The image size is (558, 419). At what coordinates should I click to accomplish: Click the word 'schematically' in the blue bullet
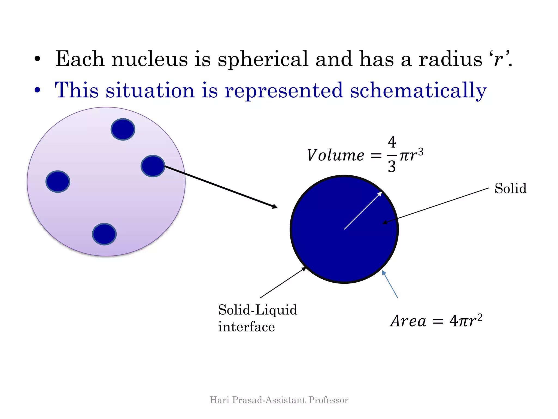click(418, 91)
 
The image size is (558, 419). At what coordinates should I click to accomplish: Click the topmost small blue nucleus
click(123, 129)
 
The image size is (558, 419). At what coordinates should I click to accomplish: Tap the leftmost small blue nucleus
click(58, 182)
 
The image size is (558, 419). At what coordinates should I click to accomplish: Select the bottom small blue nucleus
click(104, 234)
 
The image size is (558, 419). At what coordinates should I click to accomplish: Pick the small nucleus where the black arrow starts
click(153, 166)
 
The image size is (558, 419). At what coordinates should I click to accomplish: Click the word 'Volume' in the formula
click(336, 155)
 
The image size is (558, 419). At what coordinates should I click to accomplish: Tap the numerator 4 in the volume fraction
click(392, 142)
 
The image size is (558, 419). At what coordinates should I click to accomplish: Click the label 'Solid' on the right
click(510, 188)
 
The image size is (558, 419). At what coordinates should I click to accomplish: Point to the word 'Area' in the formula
click(408, 321)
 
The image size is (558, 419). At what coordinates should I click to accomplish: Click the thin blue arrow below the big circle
click(390, 284)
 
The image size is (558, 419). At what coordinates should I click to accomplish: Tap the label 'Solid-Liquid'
click(257, 310)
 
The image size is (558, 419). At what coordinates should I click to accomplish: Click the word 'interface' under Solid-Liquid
click(246, 327)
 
